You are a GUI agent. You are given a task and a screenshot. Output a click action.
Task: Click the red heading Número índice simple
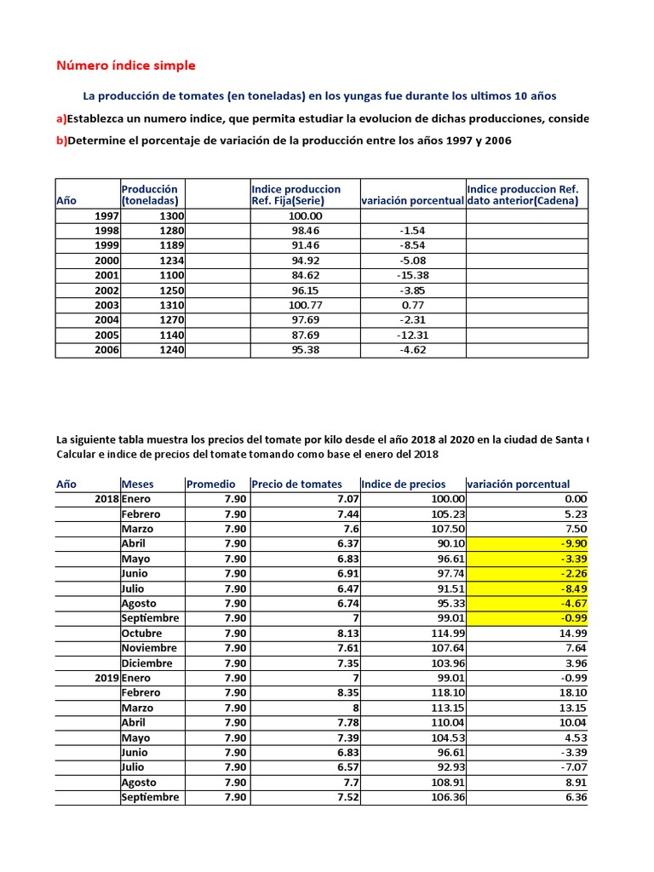125,65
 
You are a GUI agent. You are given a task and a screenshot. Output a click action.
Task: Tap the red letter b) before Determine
61,141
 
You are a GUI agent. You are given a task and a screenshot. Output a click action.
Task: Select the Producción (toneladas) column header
150,194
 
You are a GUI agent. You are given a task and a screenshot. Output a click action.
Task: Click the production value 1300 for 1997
171,216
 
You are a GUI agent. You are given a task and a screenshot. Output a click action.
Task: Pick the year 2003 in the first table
106,305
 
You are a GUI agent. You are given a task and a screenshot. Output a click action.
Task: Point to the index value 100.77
305,305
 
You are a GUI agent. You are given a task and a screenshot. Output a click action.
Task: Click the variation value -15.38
413,276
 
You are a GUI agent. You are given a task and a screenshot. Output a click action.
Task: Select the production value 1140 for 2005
171,335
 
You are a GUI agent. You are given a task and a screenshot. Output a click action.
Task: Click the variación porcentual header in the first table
413,200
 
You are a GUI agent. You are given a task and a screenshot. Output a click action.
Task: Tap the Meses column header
138,484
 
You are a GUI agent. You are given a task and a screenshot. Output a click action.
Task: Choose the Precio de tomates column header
296,484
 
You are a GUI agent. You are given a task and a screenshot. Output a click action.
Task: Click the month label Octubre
141,633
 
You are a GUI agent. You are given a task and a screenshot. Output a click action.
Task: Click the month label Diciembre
146,663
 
